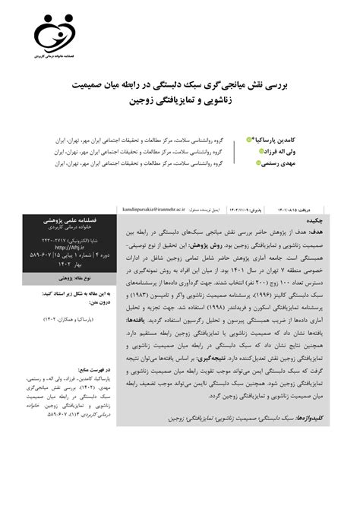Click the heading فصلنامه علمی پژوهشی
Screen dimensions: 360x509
(x=70, y=219)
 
